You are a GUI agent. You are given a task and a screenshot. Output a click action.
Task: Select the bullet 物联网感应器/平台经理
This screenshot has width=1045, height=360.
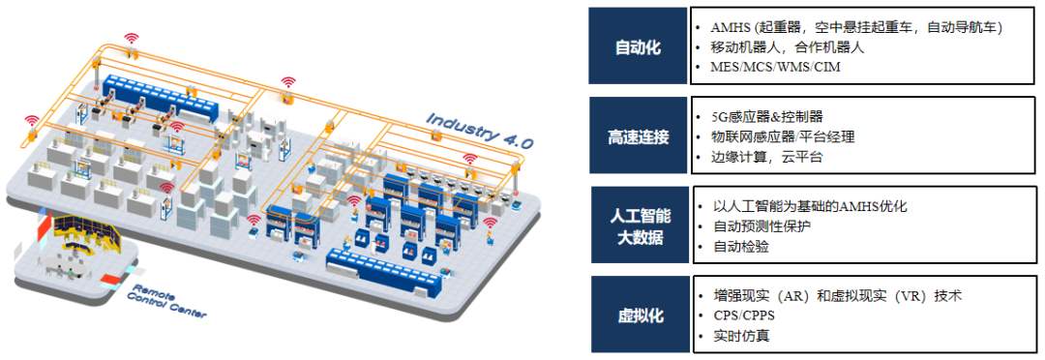click(x=783, y=136)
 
